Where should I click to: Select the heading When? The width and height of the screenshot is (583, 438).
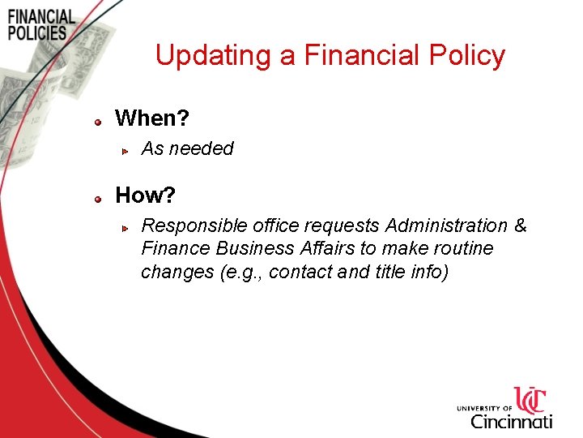click(x=152, y=118)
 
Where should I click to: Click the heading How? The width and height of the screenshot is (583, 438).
click(x=146, y=195)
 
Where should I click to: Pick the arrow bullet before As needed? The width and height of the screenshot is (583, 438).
click(x=126, y=150)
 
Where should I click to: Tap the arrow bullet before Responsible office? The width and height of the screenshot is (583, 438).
click(x=126, y=227)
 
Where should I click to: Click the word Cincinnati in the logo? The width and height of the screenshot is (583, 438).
click(x=512, y=421)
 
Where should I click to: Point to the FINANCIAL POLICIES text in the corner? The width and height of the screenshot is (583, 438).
click(x=40, y=24)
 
